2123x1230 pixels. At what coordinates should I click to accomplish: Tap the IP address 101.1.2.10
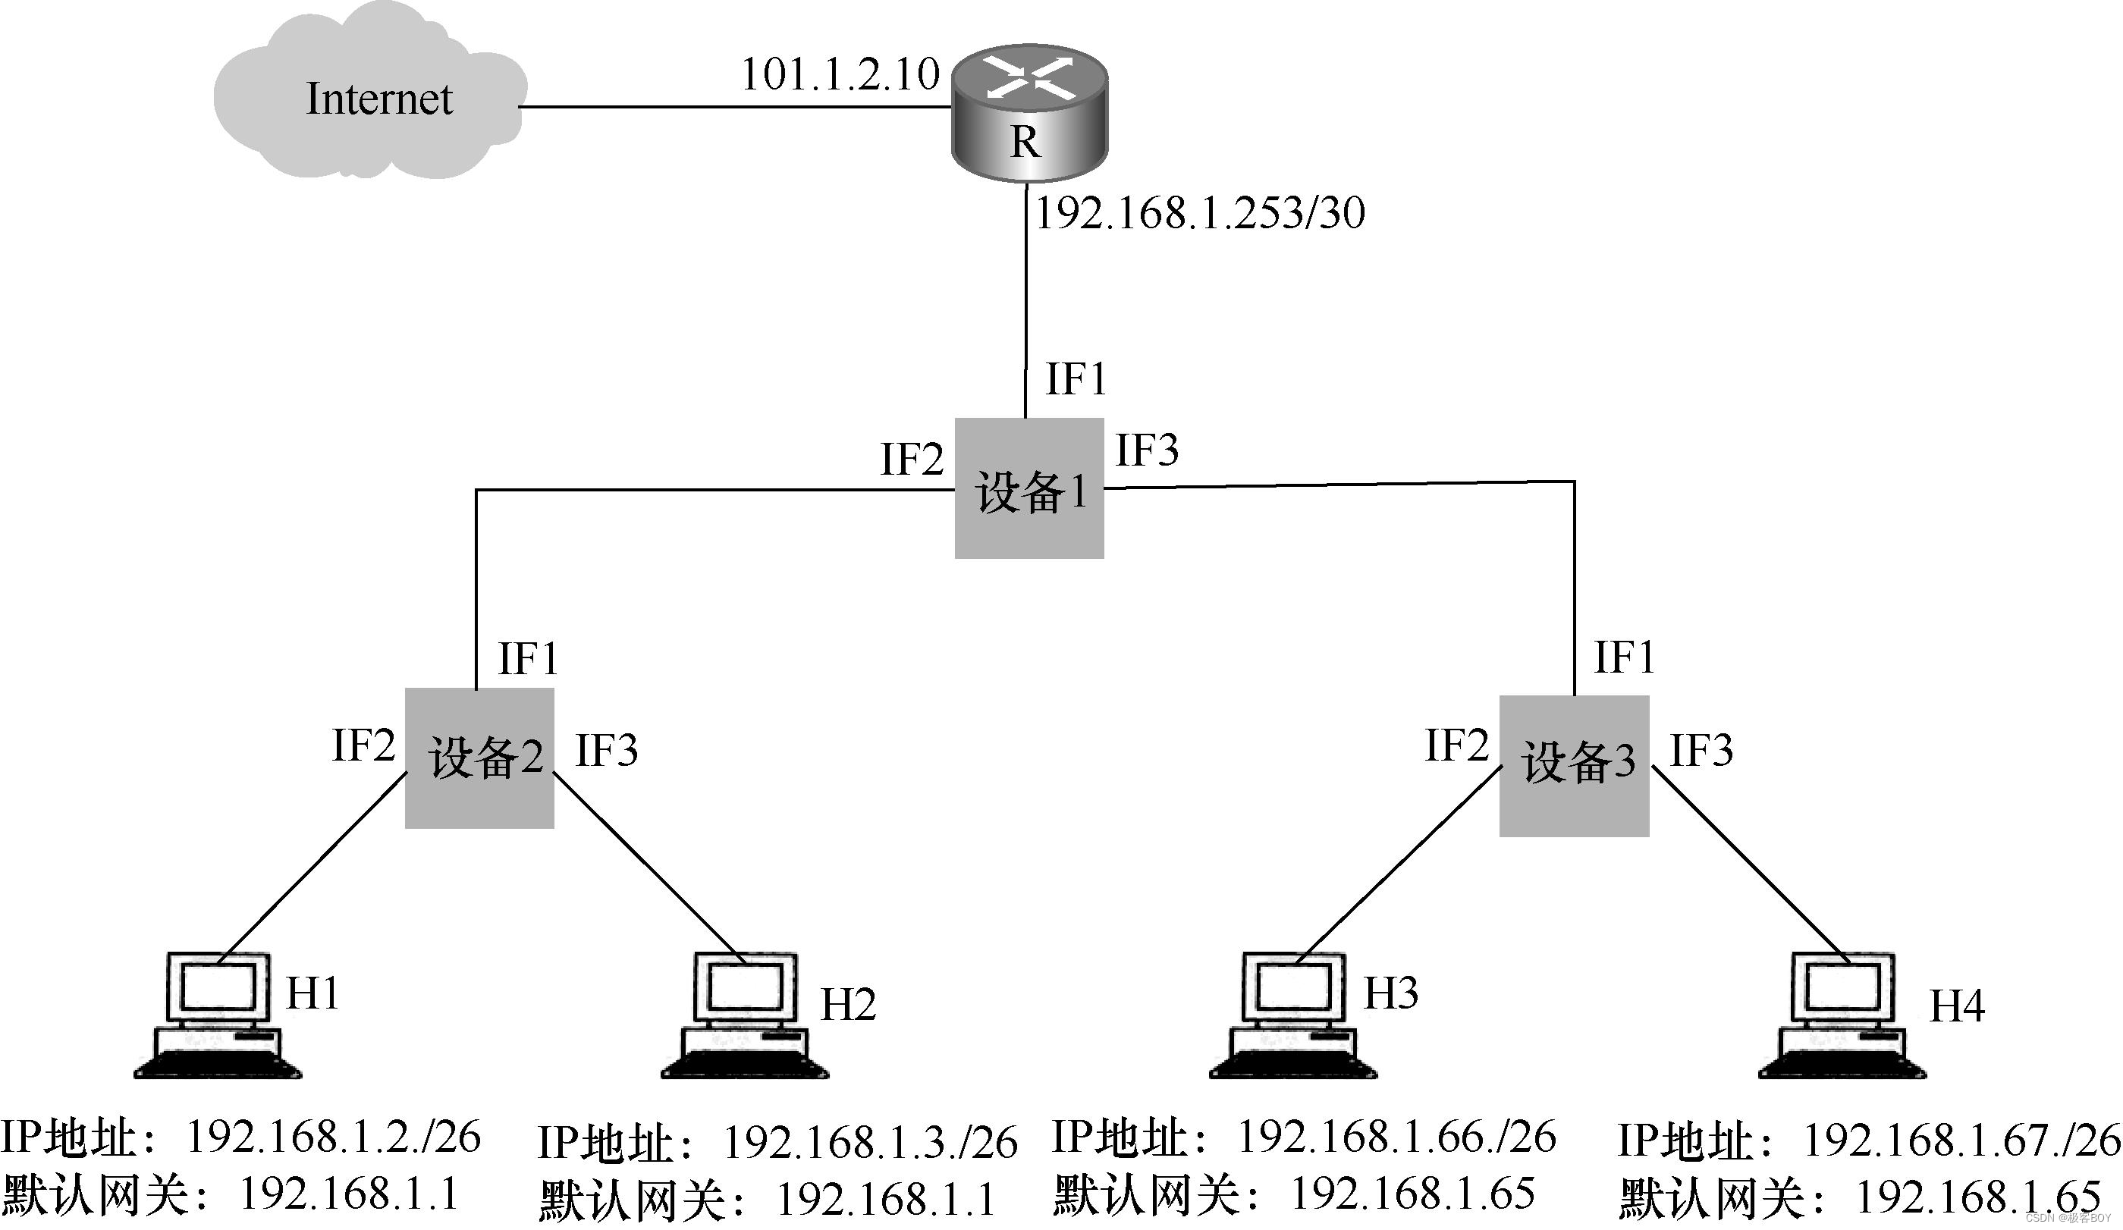tap(839, 74)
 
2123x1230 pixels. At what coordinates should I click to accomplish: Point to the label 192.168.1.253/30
tap(1199, 212)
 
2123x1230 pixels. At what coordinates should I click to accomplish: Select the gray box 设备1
tap(1029, 488)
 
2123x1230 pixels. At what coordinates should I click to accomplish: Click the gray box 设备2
tap(479, 758)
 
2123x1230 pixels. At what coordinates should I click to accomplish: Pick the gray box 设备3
tap(1573, 765)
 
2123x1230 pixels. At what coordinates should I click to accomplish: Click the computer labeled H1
tap(218, 1015)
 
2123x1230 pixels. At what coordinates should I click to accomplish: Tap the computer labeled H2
tap(745, 1015)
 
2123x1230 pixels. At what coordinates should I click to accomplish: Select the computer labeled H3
tap(1293, 1015)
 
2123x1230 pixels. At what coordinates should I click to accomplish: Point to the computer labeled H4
tap(1842, 1015)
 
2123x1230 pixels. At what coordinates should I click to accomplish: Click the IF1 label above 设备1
tap(1075, 378)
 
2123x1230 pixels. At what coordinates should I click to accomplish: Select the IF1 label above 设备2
tap(527, 659)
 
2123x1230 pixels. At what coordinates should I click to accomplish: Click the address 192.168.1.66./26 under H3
tap(1396, 1137)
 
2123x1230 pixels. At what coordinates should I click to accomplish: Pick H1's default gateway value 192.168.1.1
tap(349, 1194)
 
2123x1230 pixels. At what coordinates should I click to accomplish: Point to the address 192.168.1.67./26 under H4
tap(1961, 1140)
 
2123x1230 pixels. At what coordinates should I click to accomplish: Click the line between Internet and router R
tap(733, 107)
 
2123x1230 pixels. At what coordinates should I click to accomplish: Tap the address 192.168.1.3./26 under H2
tap(870, 1141)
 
